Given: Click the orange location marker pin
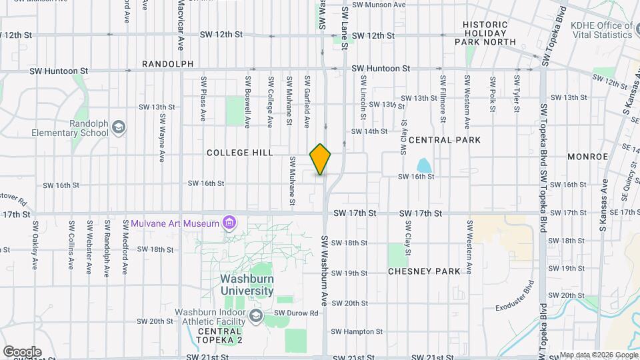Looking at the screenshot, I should point(321,159).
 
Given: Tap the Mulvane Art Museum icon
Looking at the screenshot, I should point(229,222).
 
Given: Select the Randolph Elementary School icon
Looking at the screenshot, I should point(118,127).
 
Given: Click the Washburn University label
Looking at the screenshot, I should point(247,285).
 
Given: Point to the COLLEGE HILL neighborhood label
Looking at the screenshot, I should point(240,153).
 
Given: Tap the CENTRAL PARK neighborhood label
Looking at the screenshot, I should point(444,140).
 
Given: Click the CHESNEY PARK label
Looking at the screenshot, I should point(425,271).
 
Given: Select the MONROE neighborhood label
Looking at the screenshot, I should point(587,156).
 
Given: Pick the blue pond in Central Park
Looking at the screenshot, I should point(423,165).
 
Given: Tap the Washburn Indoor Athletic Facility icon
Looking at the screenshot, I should point(256,315).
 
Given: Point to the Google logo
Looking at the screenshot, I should point(22,351).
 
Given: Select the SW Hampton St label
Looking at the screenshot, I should point(357,331).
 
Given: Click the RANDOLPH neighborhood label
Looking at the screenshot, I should point(167,64).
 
